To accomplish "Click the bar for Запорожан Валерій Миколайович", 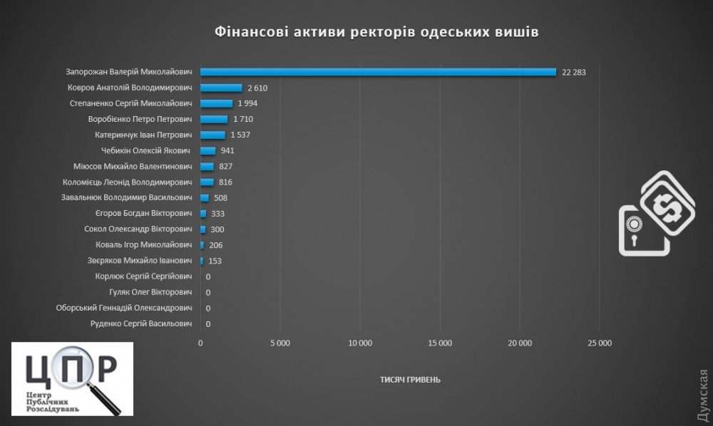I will [x=378, y=72].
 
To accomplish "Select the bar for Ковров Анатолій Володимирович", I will [x=221, y=88].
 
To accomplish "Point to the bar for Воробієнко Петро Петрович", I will [x=214, y=119].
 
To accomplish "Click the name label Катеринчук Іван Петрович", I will [x=144, y=135].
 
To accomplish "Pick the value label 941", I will [x=227, y=150].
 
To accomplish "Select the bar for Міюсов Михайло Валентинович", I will [x=207, y=166].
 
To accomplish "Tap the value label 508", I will [x=220, y=198].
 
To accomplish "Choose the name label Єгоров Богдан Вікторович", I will [x=144, y=214].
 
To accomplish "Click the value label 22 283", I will [x=573, y=72].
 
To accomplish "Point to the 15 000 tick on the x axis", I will [x=440, y=343].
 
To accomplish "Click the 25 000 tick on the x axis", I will [x=600, y=343].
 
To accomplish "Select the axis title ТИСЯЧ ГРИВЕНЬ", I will [x=410, y=379].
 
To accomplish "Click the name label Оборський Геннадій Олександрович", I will [x=124, y=308].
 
